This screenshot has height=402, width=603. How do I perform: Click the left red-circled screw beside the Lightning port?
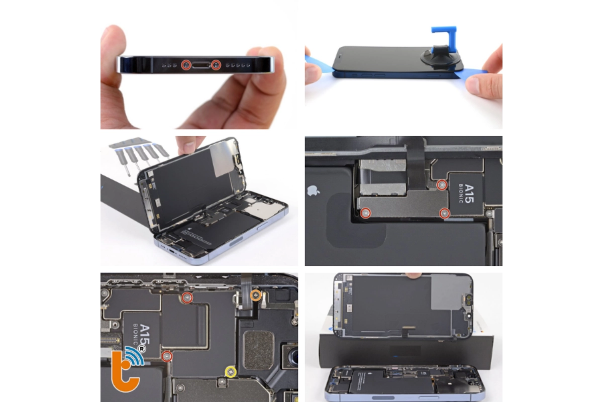186,64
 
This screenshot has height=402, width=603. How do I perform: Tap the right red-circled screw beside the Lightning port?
217,64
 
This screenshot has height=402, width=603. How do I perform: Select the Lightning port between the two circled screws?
201,64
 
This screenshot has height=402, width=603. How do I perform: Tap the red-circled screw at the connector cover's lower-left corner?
366,213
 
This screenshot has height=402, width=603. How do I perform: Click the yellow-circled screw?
231,371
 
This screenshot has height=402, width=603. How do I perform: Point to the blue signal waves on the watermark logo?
133,353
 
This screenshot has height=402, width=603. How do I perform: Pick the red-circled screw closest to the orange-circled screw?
187,298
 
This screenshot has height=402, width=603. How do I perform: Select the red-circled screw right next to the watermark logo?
167,356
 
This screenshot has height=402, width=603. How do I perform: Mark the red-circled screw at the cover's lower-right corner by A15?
444,214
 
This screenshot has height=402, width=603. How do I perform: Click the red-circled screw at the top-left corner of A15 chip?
442,185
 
